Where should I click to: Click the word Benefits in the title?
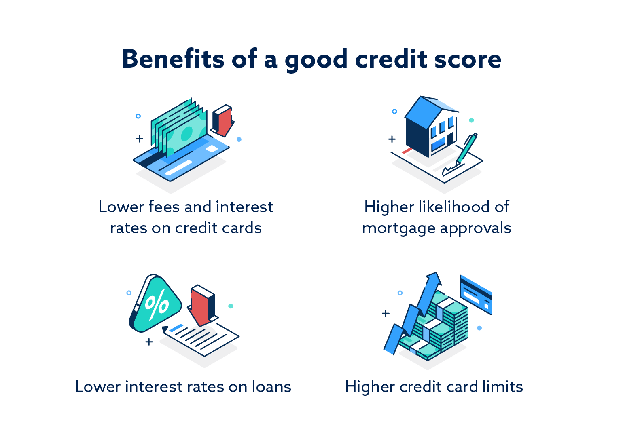coord(173,59)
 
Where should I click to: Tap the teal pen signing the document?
coord(466,148)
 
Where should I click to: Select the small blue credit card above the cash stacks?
coord(476,294)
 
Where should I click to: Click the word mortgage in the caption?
coord(398,228)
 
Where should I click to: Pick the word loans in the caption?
coord(271,387)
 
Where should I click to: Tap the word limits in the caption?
coord(503,387)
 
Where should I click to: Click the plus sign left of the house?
coord(392,139)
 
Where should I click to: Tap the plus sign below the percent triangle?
coord(149,342)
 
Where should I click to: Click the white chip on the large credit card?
coord(212,149)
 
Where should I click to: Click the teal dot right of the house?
coord(471,120)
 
